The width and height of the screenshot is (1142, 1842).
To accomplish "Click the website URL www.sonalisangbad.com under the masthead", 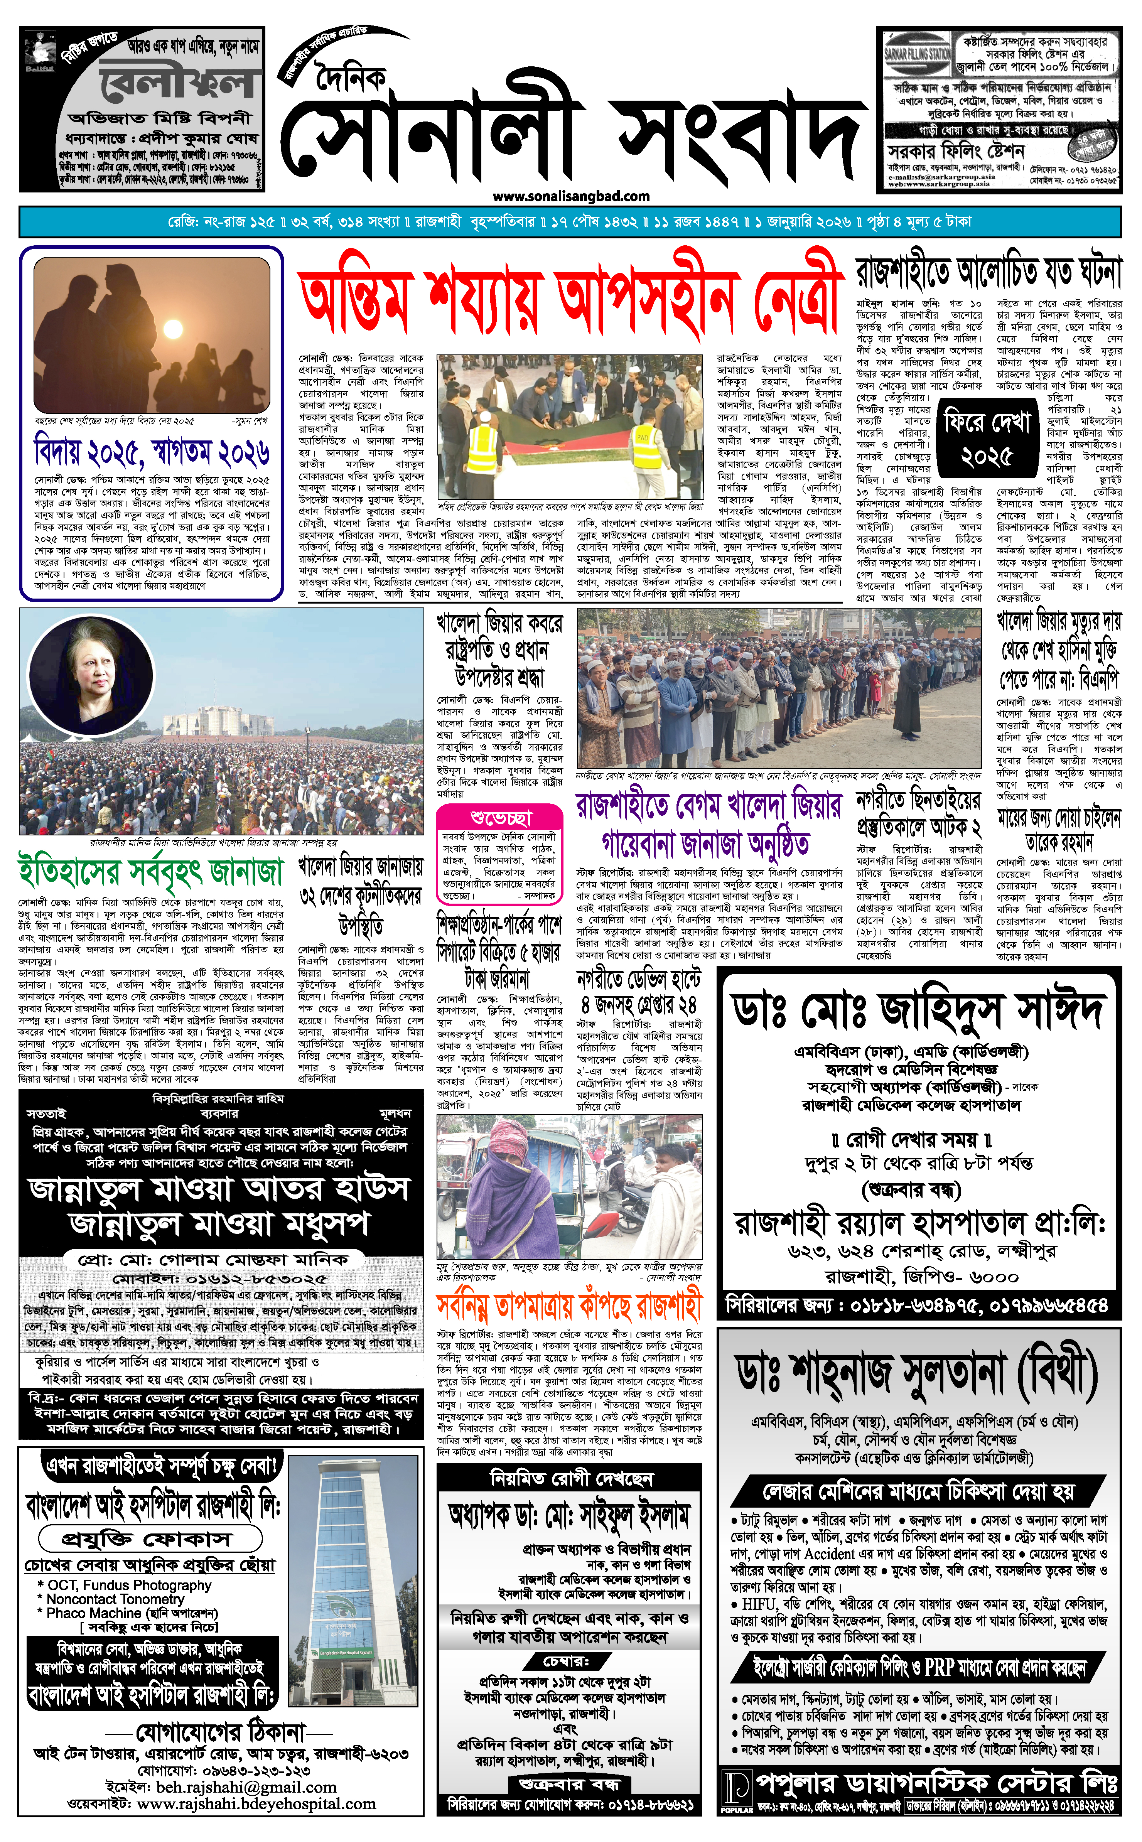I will click(x=571, y=196).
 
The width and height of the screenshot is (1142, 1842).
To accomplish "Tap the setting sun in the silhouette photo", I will click(x=173, y=330).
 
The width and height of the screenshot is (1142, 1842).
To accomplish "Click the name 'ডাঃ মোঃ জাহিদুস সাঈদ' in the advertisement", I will click(x=918, y=1011).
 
